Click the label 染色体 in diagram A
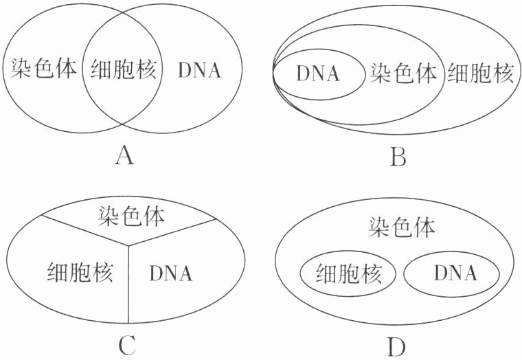click(44, 69)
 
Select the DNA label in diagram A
click(199, 69)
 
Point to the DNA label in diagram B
click(318, 73)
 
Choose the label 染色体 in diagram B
click(404, 73)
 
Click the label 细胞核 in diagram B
click(480, 73)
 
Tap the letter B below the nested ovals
click(398, 159)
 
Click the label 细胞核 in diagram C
click(80, 271)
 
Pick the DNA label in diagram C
click(171, 273)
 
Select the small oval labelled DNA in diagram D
click(451, 275)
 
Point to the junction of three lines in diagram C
click(128, 243)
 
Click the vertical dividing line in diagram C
click(128, 289)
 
